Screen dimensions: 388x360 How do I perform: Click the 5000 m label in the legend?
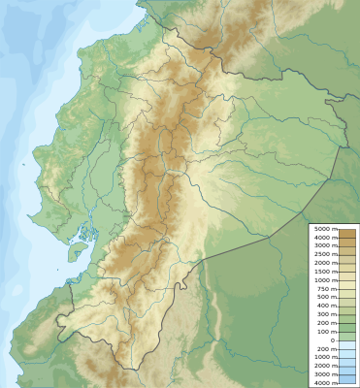[324, 229]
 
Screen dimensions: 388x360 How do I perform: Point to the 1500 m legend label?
[324, 270]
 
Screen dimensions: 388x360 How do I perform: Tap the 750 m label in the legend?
[326, 288]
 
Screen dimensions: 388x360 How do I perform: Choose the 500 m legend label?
[326, 296]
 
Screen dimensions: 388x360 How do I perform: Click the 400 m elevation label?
[326, 305]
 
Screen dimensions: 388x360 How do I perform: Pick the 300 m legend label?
[326, 313]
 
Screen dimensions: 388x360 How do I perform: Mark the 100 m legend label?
[326, 331]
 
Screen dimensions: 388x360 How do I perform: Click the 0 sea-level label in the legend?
[332, 340]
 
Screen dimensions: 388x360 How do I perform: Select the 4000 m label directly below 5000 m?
[324, 237]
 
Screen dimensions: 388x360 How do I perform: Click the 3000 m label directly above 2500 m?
[324, 244]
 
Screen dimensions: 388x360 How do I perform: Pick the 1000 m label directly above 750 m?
[324, 279]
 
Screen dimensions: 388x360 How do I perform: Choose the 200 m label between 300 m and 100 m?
[326, 322]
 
